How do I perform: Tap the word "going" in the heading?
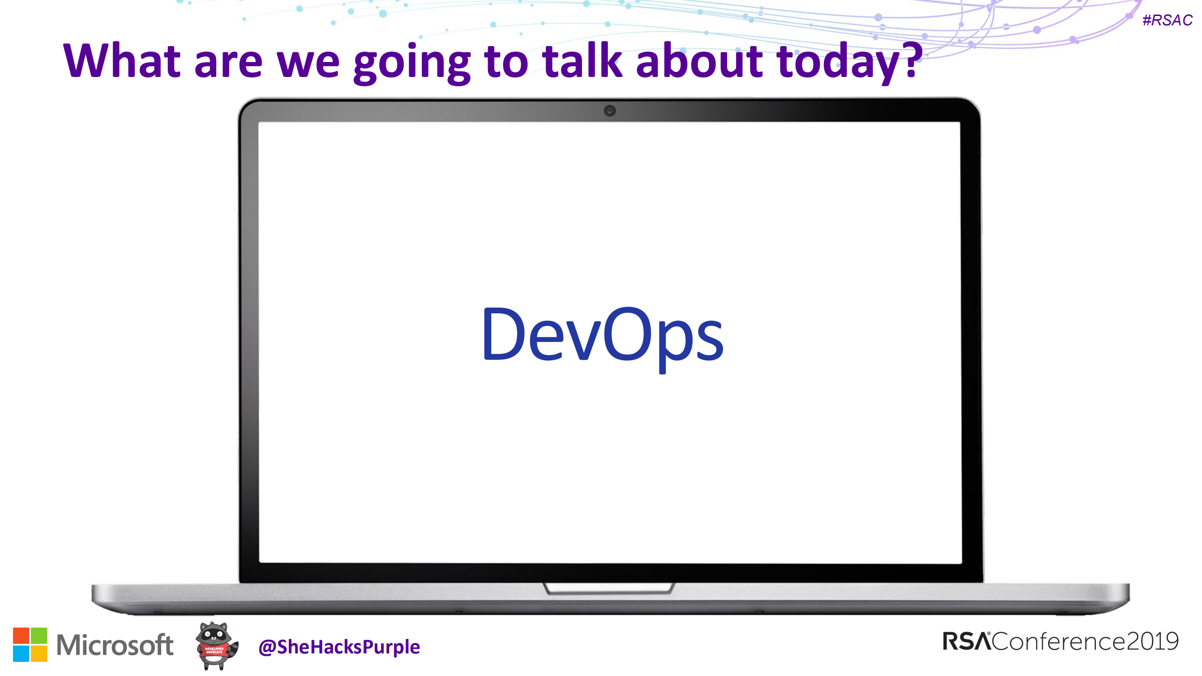[x=412, y=63]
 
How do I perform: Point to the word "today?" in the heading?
[x=849, y=63]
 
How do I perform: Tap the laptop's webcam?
[x=610, y=111]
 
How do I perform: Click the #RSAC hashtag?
[x=1167, y=20]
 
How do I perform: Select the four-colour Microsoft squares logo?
[x=30, y=645]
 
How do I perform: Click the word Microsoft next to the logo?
[x=115, y=645]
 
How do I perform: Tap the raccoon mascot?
[x=216, y=646]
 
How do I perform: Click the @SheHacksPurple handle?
[x=339, y=647]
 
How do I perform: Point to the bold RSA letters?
[x=967, y=642]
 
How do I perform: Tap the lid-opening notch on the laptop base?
[x=609, y=589]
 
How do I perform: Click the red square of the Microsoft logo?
[x=21, y=636]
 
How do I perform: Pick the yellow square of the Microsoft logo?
[x=39, y=653]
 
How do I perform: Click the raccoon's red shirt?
[x=214, y=651]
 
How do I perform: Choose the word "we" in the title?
[x=308, y=63]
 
